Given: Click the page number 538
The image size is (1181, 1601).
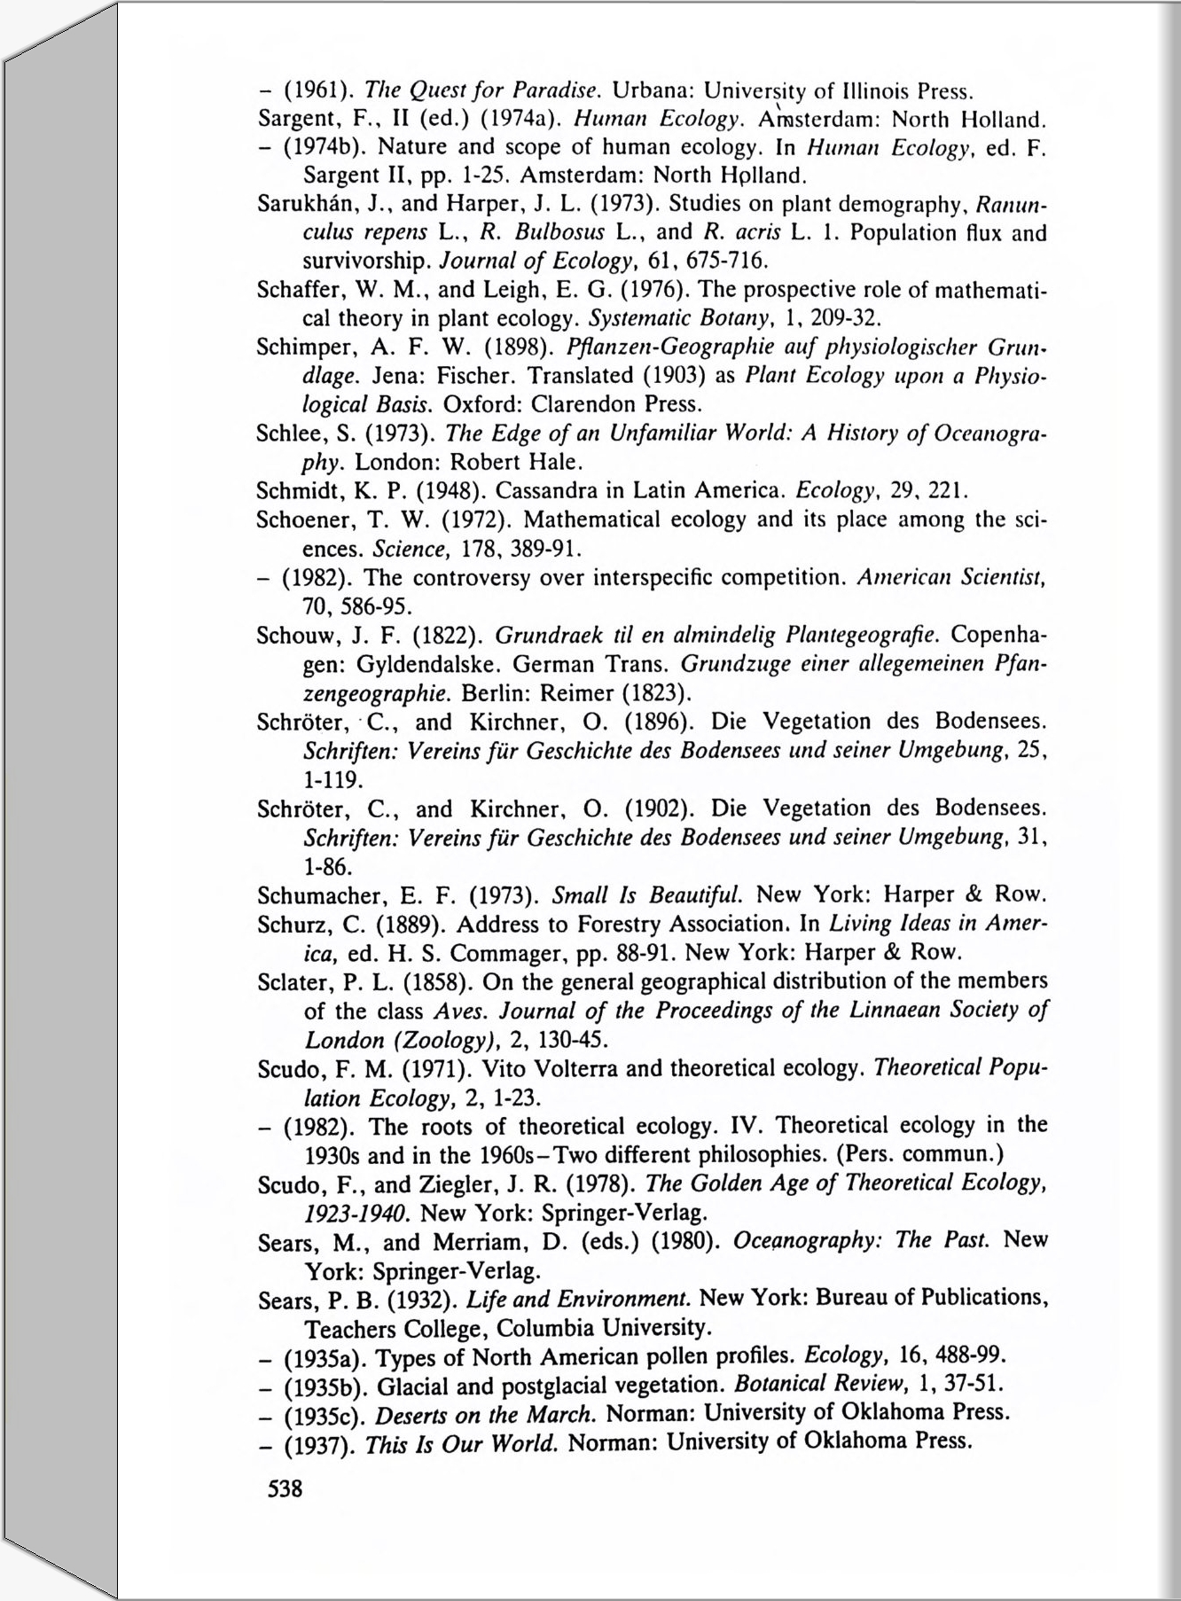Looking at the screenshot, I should click(x=285, y=1488).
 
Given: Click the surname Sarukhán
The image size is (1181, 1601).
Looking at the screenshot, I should click(x=298, y=204).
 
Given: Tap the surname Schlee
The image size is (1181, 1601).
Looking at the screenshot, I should click(x=285, y=433).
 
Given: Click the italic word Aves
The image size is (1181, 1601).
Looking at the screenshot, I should click(x=461, y=1011).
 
